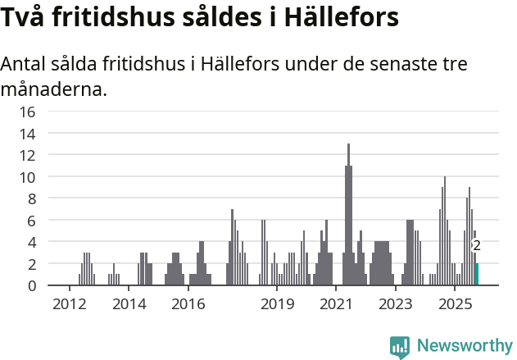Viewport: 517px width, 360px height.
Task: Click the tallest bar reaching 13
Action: [348, 215]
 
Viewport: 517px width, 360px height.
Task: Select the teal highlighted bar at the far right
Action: [477, 275]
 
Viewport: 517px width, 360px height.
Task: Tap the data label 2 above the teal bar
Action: [477, 245]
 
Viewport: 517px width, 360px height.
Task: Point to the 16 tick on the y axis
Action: [27, 112]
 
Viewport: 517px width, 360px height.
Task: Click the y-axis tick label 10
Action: [27, 177]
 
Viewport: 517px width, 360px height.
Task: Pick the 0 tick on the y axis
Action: [32, 286]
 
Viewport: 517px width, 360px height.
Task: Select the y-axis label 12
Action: [27, 155]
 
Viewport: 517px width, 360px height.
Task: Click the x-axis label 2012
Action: [70, 305]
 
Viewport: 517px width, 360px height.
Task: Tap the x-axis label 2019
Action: [278, 305]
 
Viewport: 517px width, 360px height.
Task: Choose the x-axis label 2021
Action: [336, 305]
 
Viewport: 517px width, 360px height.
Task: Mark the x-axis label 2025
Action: [455, 305]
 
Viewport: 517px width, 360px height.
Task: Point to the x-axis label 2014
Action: [129, 305]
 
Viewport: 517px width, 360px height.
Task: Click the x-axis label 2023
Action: [395, 305]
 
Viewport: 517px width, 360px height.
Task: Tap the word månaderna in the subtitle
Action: [54, 89]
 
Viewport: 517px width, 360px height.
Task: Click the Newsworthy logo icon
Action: [399, 347]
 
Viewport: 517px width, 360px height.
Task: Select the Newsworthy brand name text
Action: [464, 346]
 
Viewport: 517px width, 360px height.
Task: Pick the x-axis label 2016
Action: [188, 305]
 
